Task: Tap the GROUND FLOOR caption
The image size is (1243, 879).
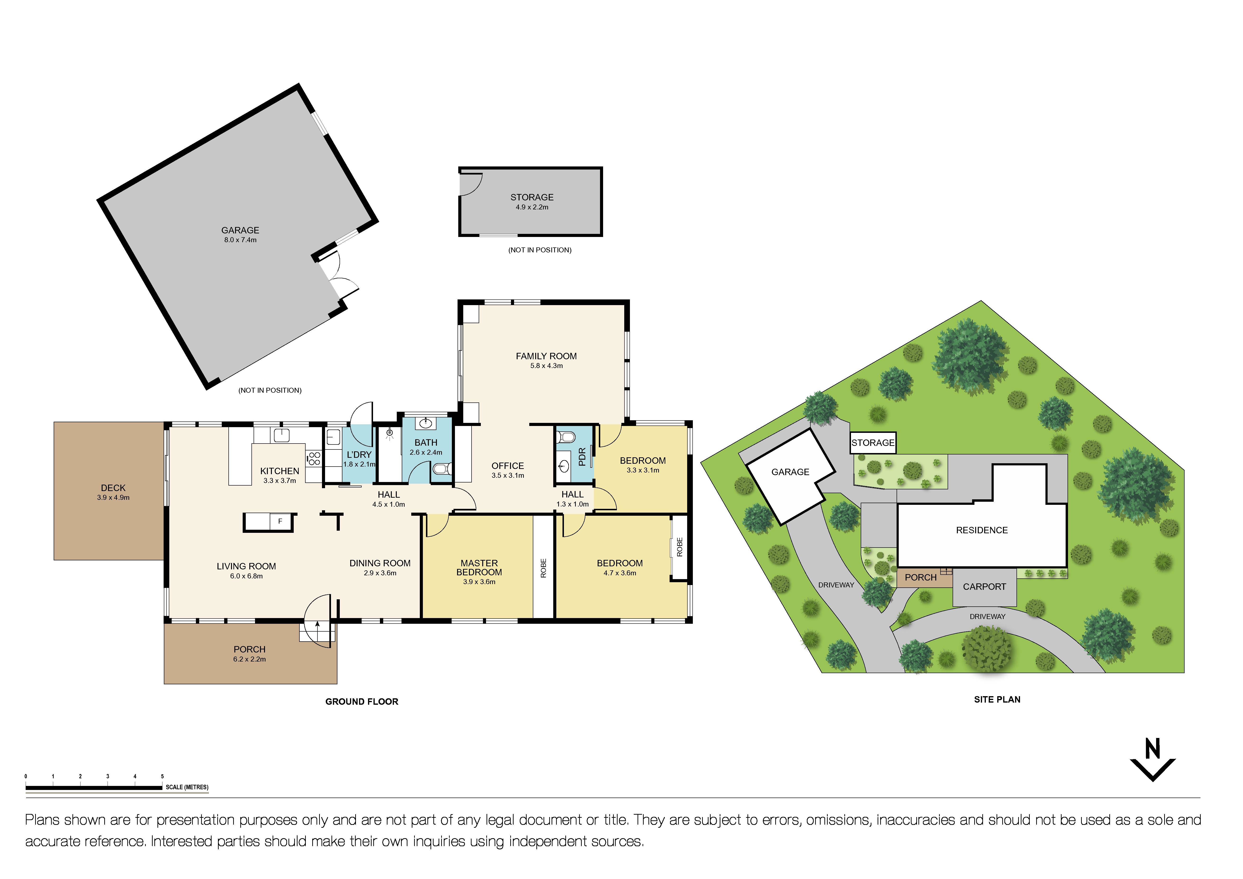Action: [x=362, y=701]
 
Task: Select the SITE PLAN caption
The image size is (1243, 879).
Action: [x=997, y=699]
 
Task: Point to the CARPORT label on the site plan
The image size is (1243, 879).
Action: [x=984, y=587]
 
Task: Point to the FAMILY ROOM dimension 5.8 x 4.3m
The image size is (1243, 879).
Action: [x=546, y=366]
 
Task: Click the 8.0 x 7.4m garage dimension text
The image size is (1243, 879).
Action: [x=240, y=240]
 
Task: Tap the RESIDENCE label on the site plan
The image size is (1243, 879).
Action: [x=982, y=530]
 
